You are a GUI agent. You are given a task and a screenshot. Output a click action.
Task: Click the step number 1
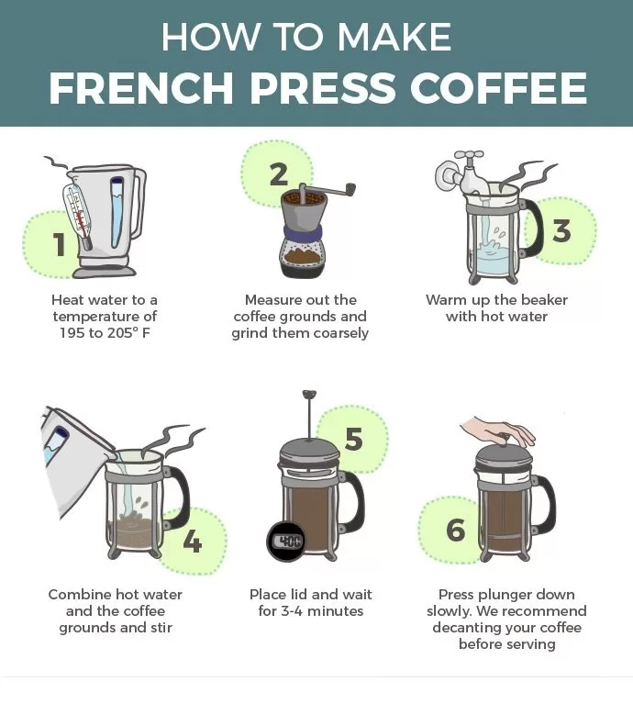point(59,244)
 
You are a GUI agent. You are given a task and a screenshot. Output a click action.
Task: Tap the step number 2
point(279,174)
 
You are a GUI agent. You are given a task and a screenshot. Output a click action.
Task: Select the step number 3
point(561,230)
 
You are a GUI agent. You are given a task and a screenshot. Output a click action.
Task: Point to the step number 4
point(192,542)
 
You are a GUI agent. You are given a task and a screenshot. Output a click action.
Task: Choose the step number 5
point(354,440)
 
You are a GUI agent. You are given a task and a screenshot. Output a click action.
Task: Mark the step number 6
point(455,530)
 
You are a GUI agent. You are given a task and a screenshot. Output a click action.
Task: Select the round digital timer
point(286,541)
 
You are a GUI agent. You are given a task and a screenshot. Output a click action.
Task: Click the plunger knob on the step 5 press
point(306,396)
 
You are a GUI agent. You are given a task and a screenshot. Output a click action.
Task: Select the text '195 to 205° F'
point(105,333)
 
